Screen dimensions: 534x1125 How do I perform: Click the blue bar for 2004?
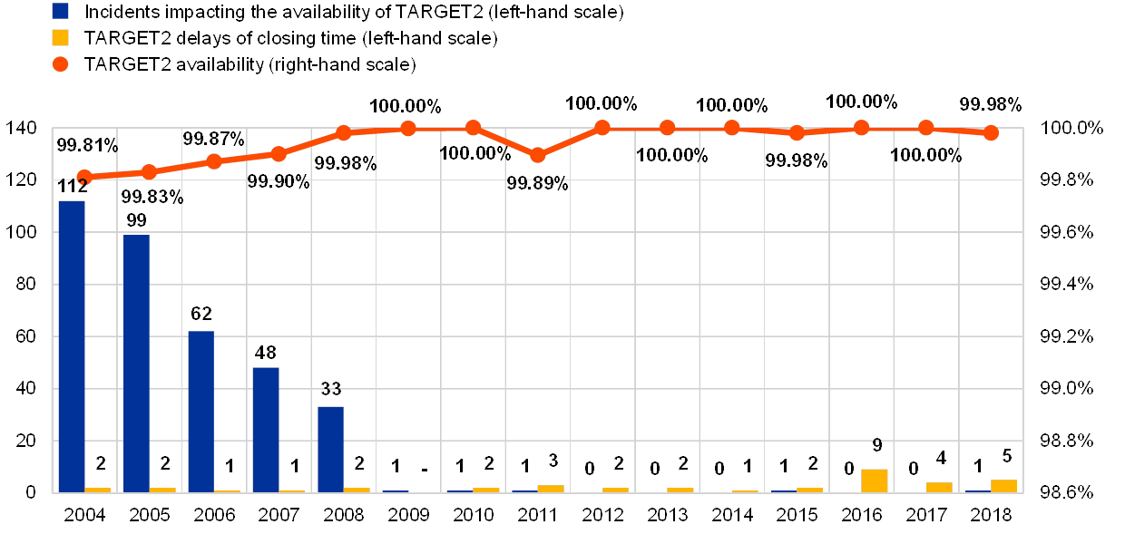[72, 346]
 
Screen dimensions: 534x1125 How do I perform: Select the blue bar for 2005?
[136, 364]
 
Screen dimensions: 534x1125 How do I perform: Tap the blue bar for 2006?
[201, 412]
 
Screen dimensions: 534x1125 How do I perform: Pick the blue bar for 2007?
[266, 430]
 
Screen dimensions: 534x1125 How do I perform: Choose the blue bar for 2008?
[330, 450]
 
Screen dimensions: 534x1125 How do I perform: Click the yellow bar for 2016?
[875, 481]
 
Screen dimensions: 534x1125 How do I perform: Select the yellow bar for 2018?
[1003, 486]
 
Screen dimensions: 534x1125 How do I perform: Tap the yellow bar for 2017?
[939, 487]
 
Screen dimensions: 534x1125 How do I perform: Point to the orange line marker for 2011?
[537, 155]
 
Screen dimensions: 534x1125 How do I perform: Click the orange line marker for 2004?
[84, 178]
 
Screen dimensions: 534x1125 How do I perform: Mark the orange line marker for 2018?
[991, 132]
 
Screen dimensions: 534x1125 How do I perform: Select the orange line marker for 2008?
[343, 132]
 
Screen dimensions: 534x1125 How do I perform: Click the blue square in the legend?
[61, 12]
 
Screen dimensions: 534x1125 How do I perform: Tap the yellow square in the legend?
[61, 38]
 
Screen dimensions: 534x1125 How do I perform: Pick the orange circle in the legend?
[61, 64]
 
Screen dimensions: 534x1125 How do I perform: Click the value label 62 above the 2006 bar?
[201, 315]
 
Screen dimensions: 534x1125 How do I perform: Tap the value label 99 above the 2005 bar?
[136, 218]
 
